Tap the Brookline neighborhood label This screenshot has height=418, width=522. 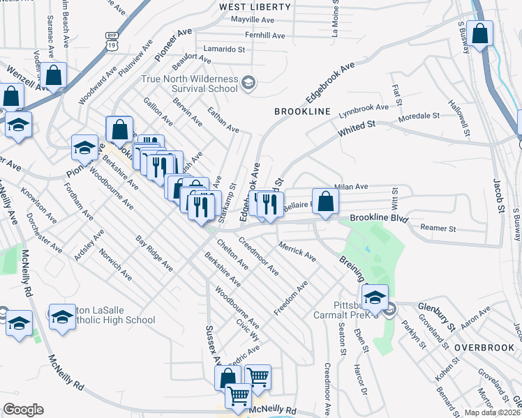click(301, 111)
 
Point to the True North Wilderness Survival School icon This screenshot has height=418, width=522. click(247, 85)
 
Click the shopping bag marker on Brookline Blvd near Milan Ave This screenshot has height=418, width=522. click(325, 202)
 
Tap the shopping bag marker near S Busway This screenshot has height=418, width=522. click(480, 34)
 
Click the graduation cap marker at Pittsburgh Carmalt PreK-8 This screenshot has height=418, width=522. click(375, 297)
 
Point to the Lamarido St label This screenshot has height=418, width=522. click(224, 49)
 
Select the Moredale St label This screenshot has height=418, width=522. click(419, 117)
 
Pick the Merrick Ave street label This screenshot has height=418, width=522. click(297, 251)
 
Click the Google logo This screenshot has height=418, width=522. click(23, 410)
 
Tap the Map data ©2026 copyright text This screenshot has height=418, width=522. click(492, 412)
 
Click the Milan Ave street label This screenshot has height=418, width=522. click(351, 187)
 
